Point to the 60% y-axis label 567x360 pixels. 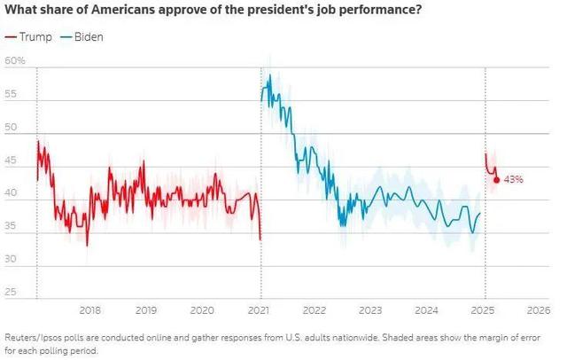click(15, 60)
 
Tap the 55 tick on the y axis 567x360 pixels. click(11, 93)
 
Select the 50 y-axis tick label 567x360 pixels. click(11, 127)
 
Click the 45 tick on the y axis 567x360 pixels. click(11, 160)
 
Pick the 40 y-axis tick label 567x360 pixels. click(11, 193)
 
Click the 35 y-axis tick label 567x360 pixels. click(11, 226)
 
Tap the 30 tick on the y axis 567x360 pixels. click(11, 259)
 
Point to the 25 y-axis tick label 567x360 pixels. click(11, 293)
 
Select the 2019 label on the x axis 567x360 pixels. click(146, 310)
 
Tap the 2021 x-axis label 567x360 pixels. click(259, 310)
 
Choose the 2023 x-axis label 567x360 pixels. click(370, 310)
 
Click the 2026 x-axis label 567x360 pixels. click(537, 310)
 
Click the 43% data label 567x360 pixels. click(514, 179)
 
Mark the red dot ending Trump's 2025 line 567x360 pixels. click(496, 179)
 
